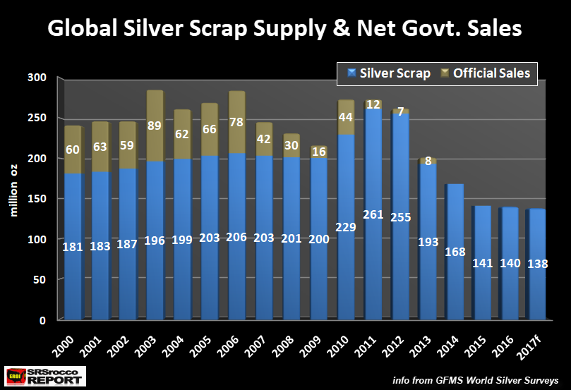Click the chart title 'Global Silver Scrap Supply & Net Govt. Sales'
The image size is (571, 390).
[284, 29]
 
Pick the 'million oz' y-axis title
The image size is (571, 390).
[13, 200]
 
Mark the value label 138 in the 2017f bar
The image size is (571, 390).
[538, 264]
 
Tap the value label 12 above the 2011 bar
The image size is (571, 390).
[373, 104]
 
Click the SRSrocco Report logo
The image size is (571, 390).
[44, 375]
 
